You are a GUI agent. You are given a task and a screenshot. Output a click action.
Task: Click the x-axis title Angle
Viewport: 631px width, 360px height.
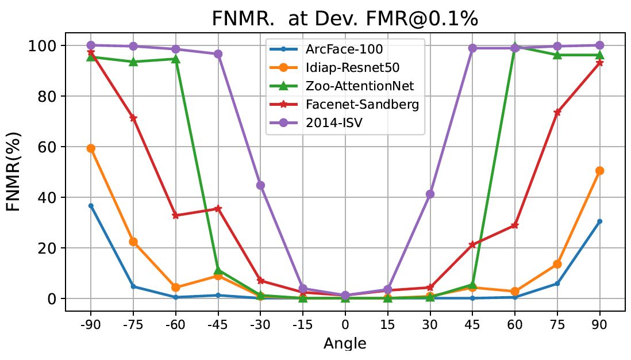pos(345,343)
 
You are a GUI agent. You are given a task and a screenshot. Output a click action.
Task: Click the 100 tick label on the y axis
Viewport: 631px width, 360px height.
pos(43,46)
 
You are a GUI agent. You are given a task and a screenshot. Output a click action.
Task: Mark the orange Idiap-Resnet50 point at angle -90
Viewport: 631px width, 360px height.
pos(90,148)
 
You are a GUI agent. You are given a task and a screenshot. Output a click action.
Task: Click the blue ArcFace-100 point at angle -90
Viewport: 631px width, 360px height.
pos(90,206)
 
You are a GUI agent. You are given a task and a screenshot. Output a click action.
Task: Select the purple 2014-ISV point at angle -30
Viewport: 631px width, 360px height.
pos(260,185)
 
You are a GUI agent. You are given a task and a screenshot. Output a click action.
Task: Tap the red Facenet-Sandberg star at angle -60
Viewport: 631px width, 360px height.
pos(175,216)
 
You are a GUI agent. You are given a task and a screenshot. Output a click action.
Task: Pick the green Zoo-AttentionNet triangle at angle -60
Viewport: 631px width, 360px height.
pos(175,59)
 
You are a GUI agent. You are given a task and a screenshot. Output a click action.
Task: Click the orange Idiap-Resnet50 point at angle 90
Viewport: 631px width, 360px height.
pos(600,171)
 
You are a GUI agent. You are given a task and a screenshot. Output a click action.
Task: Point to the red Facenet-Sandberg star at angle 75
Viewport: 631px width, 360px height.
pos(557,113)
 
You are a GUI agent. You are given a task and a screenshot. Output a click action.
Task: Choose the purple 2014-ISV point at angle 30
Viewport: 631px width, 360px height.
pos(430,194)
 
